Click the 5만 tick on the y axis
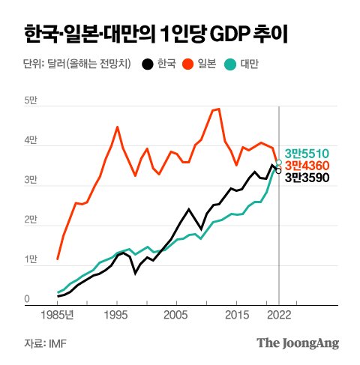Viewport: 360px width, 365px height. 31,100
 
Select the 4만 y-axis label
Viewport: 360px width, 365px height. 31,140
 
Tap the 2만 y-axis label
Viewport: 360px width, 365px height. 31,220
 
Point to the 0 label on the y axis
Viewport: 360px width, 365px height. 26,299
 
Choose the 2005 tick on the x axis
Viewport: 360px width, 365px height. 175,315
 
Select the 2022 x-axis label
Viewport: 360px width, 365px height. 279,315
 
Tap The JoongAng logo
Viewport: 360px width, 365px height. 298,343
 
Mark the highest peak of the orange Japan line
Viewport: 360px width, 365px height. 217,109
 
